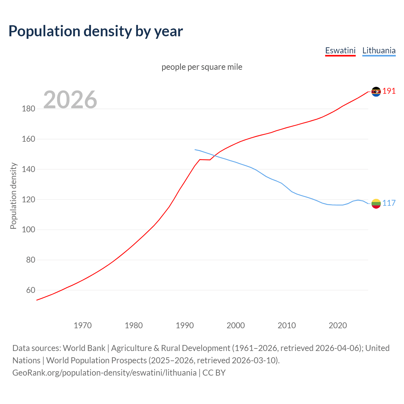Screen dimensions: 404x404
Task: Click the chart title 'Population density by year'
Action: click(96, 31)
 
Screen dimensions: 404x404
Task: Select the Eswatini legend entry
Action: click(340, 50)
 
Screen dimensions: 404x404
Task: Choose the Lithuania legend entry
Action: click(379, 50)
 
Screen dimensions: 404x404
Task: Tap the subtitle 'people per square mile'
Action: click(202, 67)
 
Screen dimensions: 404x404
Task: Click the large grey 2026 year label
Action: click(70, 100)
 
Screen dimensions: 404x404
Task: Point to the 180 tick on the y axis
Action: click(28, 109)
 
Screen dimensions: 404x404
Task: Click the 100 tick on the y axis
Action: click(28, 230)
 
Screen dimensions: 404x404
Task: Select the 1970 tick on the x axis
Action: click(83, 325)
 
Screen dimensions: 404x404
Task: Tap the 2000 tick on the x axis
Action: click(235, 325)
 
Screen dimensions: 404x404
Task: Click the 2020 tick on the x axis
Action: click(338, 325)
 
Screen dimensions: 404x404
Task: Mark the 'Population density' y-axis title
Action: click(13, 196)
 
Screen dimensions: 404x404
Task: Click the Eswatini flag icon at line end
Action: click(376, 92)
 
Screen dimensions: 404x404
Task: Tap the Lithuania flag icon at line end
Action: click(376, 204)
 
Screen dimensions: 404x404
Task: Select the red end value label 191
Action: click(389, 91)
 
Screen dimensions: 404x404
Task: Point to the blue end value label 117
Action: click(389, 203)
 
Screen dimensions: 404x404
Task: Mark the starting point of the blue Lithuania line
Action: click(195, 150)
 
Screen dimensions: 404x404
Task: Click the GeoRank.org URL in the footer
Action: click(104, 373)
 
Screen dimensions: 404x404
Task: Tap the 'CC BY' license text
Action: click(214, 373)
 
